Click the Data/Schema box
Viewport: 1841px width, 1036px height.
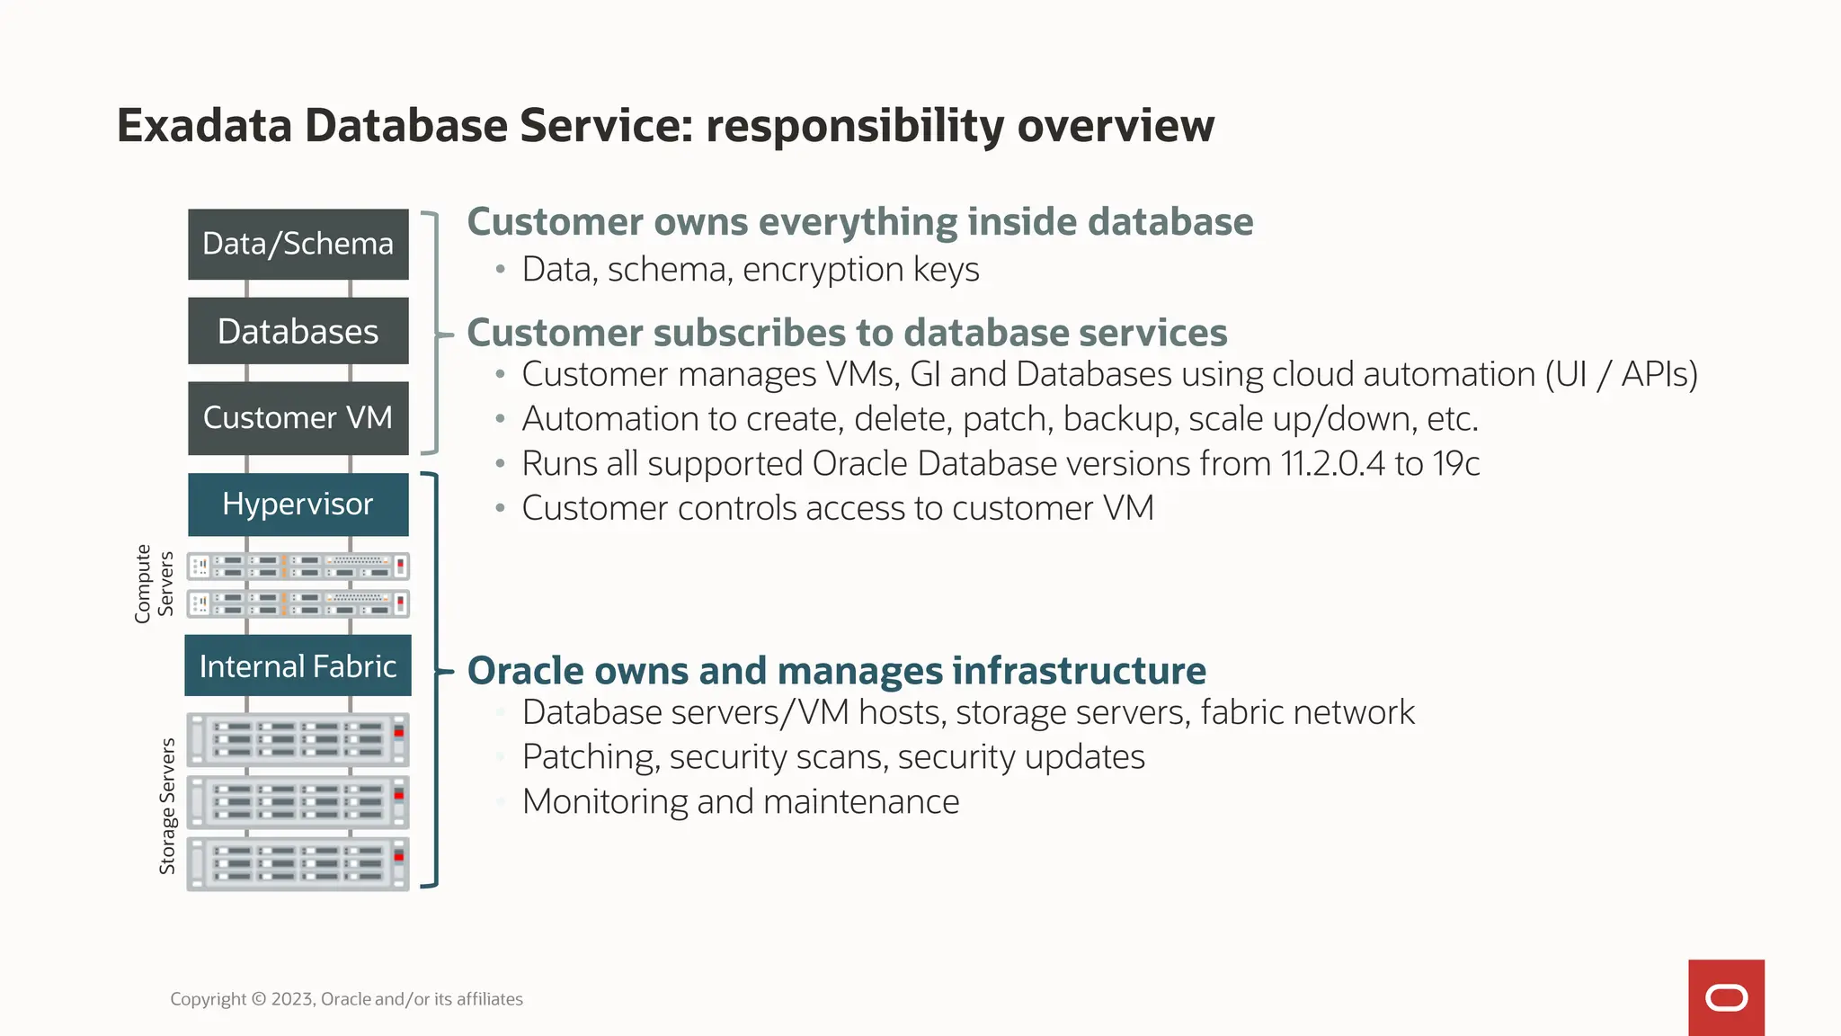coord(298,244)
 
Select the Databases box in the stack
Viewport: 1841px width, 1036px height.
coord(298,331)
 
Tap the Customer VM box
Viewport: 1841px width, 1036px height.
coord(298,417)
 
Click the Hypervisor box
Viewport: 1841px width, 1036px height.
coord(298,504)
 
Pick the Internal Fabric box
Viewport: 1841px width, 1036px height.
coord(298,665)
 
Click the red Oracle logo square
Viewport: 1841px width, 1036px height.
coord(1726,997)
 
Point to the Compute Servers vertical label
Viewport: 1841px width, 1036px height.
coord(154,583)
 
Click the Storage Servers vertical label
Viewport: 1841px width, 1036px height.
coord(167,806)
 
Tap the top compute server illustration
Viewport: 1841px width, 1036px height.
coord(298,566)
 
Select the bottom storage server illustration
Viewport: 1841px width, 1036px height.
coord(298,863)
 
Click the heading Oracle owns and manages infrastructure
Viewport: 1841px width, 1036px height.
coord(836,671)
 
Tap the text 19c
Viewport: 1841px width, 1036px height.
coord(1456,464)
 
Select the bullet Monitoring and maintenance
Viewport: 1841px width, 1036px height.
coord(740,801)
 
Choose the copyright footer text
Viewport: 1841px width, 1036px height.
coord(346,999)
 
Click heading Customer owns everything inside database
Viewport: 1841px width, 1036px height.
coord(859,222)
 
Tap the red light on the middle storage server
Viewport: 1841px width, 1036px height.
coord(399,795)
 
